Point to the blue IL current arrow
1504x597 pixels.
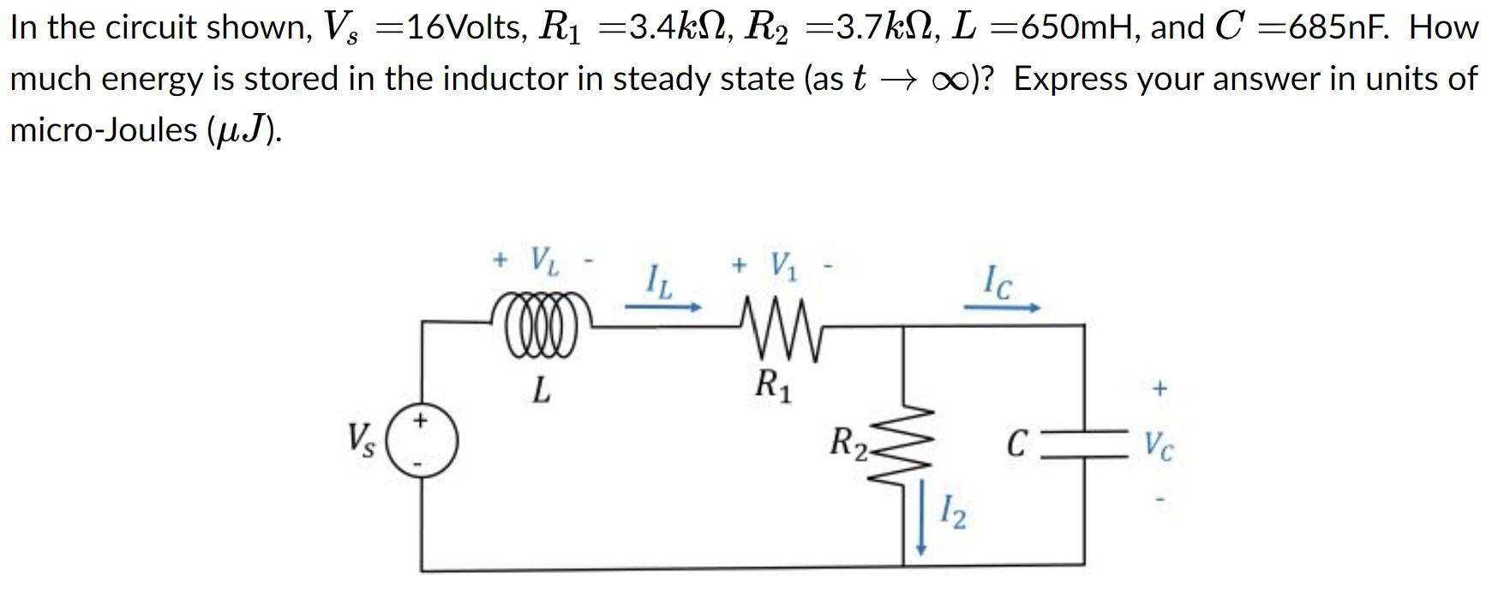(x=663, y=306)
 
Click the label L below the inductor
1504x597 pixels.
(x=540, y=391)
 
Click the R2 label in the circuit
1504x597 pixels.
(x=850, y=444)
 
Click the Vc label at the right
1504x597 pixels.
(x=1159, y=445)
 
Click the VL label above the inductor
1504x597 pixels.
(x=544, y=259)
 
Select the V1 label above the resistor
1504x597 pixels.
(x=783, y=265)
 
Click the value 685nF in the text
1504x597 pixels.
(x=1341, y=28)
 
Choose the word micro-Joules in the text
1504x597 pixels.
(x=103, y=130)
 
